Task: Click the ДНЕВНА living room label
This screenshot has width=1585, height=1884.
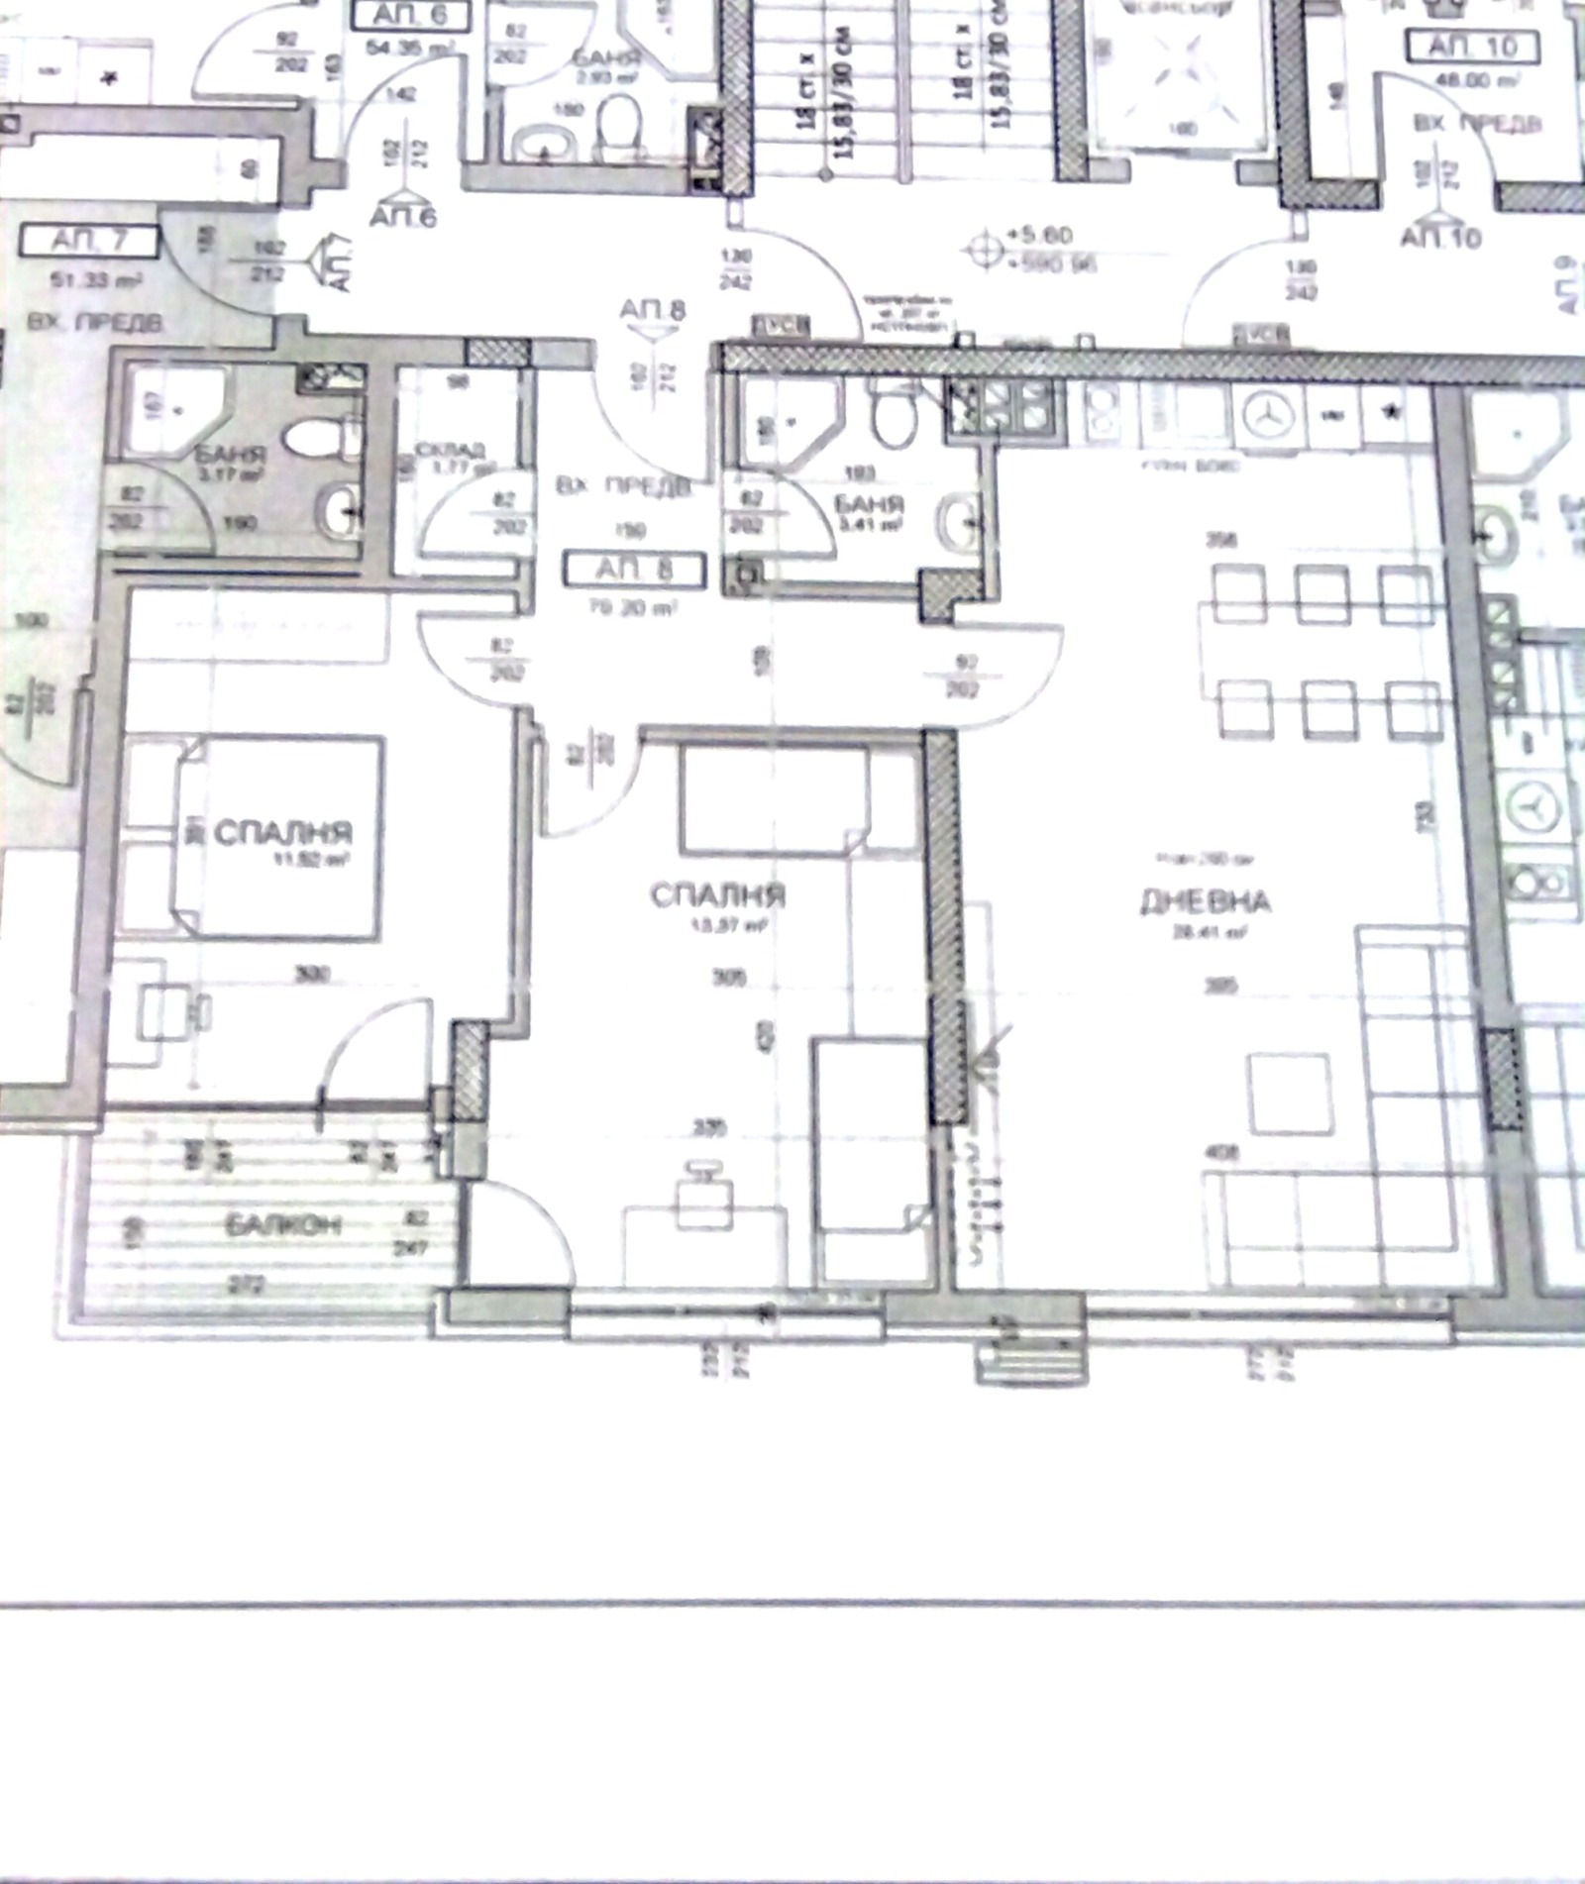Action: pos(1205,901)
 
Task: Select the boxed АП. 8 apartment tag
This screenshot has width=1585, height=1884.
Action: pos(634,571)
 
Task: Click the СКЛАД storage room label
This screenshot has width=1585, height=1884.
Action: pos(451,452)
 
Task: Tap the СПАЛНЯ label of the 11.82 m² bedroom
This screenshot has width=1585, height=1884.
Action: pos(282,832)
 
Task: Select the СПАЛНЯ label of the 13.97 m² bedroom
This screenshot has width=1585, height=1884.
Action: pos(717,895)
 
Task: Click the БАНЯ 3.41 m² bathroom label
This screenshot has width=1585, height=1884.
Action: pos(868,504)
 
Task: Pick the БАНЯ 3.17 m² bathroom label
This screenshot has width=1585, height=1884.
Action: pos(230,456)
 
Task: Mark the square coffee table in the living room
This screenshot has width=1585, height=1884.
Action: pos(1289,1094)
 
